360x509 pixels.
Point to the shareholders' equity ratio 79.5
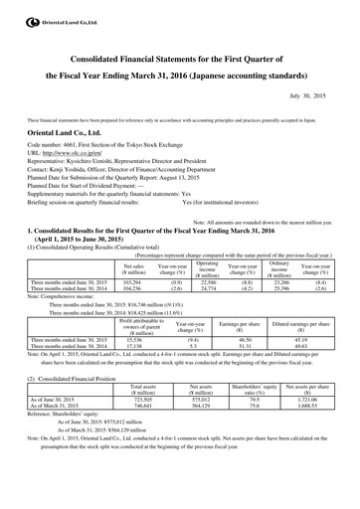pyautogui.click(x=255, y=416)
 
